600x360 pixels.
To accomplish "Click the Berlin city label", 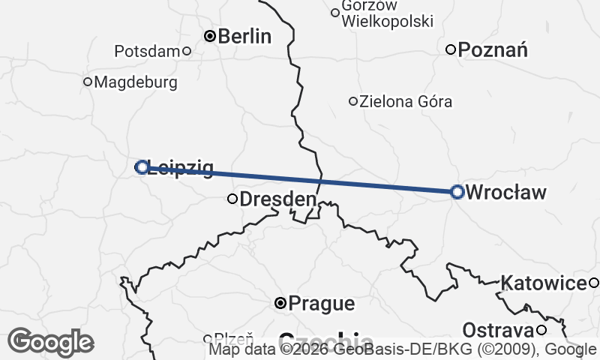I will (x=244, y=36).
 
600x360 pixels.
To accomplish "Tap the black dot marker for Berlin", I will (x=211, y=35).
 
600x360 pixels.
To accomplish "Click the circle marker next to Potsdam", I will (x=187, y=51).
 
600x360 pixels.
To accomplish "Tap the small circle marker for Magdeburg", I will (x=88, y=82).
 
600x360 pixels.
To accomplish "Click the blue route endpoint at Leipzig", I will (x=142, y=167).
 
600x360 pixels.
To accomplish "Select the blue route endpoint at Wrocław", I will (x=457, y=192).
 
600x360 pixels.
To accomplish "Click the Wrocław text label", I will (x=506, y=192).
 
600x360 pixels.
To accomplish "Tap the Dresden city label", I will (x=277, y=199).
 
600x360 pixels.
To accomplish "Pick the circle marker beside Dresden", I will (x=232, y=199).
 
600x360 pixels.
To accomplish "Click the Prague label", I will (x=321, y=304).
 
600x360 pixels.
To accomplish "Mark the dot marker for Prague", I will (x=280, y=303).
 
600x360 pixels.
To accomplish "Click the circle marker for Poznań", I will (x=451, y=50).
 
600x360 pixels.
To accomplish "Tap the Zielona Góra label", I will (x=406, y=101).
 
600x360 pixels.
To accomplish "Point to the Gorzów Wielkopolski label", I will (x=387, y=13).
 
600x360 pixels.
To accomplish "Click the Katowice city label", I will (x=544, y=283).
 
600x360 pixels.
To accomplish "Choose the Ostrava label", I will (x=497, y=330).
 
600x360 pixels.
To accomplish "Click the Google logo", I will (x=50, y=342).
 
